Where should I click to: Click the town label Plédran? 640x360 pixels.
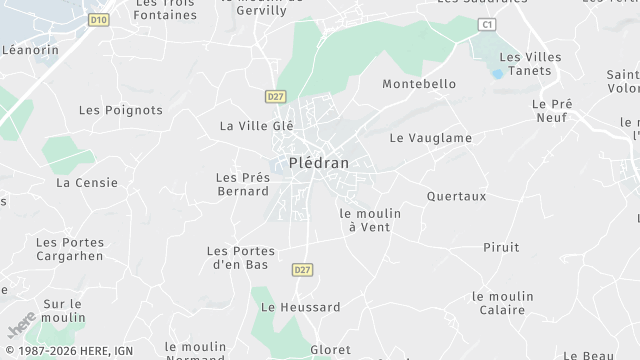319,163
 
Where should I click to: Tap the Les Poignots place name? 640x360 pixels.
120,110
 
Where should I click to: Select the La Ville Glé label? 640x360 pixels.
257,126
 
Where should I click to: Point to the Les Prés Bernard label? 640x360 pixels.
243,184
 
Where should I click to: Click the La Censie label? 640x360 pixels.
87,183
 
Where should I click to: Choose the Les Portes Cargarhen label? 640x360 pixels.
69,248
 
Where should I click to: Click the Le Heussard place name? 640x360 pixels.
300,307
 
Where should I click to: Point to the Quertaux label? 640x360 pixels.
456,196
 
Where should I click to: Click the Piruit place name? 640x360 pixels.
501,247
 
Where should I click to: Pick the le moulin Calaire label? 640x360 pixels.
502,303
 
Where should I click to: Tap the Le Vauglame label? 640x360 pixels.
430,138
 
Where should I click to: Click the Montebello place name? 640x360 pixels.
419,84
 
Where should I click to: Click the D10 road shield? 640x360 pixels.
97,19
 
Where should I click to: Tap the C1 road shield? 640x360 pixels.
487,23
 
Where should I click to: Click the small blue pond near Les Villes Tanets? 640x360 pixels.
497,74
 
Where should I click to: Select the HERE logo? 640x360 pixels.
21,325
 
